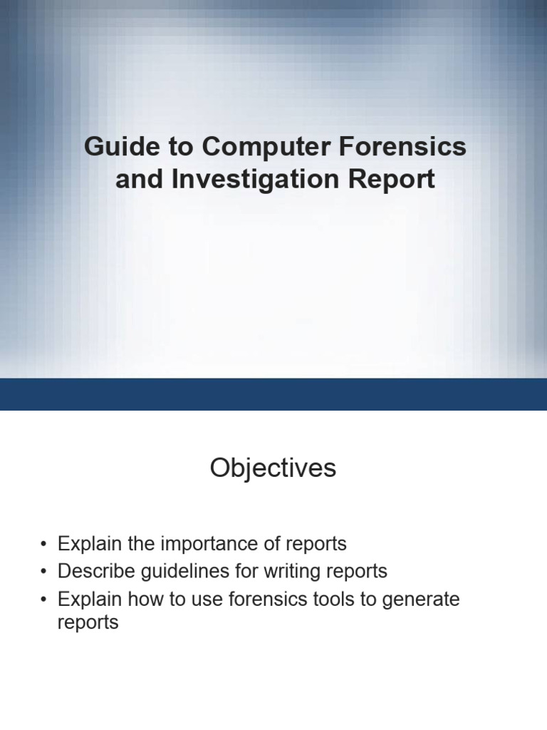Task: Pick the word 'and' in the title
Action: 139,179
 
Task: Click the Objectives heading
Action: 273,468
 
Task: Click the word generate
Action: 421,600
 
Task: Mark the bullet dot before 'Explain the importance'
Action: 44,545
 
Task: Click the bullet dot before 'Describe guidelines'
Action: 44,572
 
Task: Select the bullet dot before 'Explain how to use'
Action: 44,600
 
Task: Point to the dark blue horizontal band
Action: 273,394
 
